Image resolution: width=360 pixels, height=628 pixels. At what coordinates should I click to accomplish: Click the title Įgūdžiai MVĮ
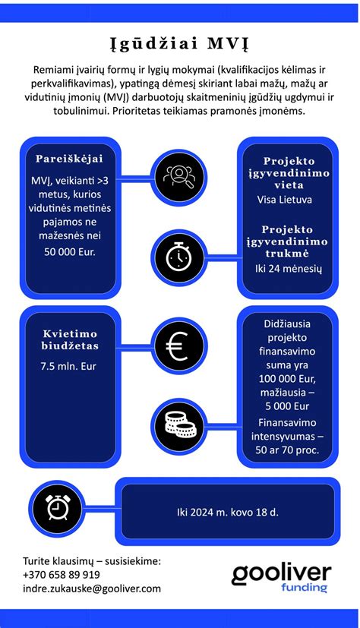click(x=180, y=41)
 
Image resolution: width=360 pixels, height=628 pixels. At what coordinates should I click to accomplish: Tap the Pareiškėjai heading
click(x=69, y=158)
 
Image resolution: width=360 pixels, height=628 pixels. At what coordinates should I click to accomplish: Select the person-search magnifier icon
click(x=179, y=175)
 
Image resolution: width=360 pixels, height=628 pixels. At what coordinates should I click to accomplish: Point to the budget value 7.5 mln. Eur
click(x=69, y=365)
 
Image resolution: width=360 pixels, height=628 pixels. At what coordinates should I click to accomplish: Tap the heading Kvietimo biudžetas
click(x=69, y=340)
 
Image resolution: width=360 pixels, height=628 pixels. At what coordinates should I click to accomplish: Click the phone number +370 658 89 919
click(x=62, y=574)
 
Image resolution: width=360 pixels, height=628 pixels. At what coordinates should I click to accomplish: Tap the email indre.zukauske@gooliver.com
click(x=92, y=588)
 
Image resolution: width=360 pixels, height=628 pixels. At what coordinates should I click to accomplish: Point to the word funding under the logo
click(x=304, y=587)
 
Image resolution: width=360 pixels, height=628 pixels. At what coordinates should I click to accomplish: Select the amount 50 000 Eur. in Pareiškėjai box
click(x=69, y=250)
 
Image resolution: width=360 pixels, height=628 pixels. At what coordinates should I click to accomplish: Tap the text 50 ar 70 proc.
click(x=288, y=450)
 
